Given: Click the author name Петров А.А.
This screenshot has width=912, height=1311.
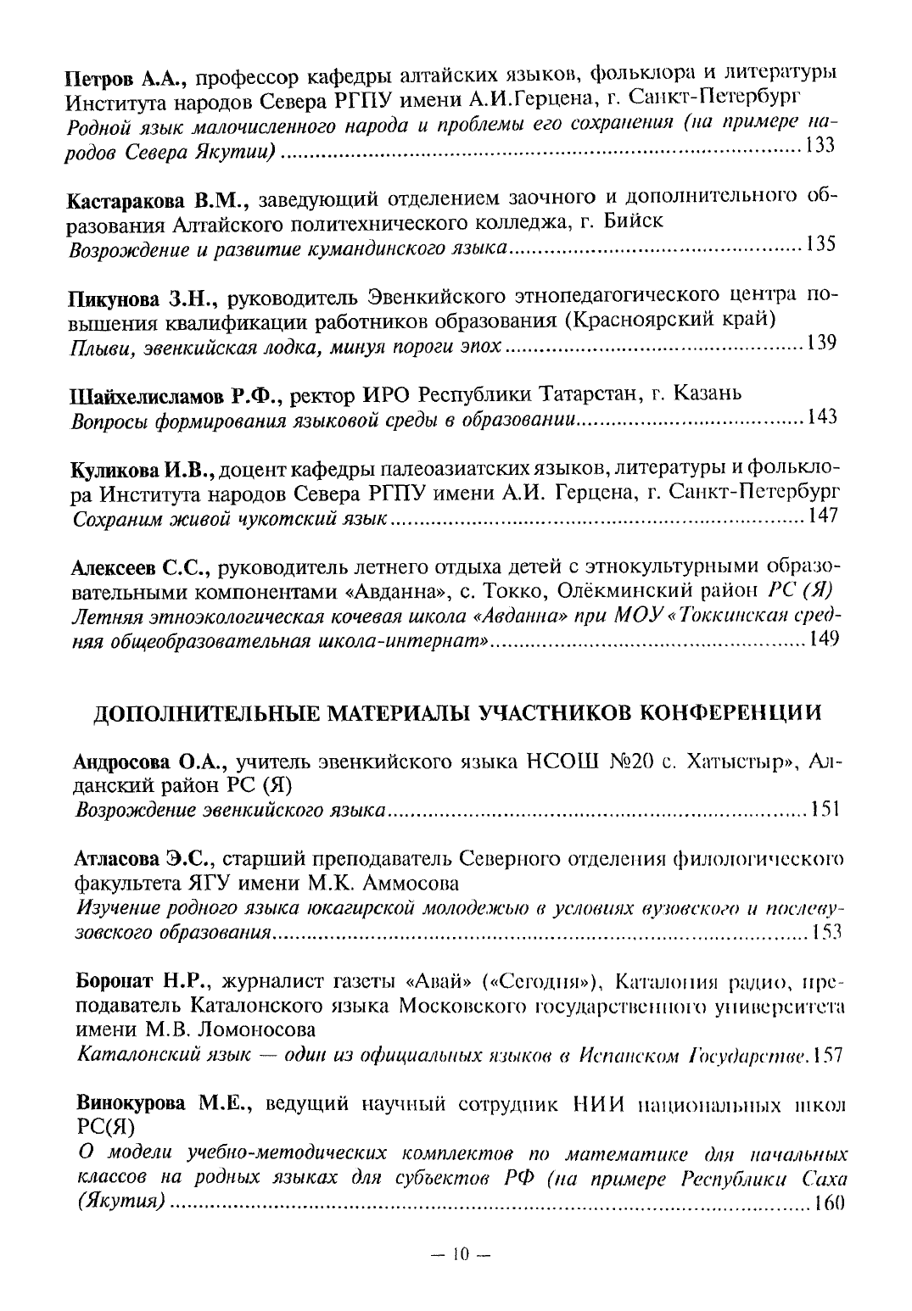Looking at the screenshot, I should [x=127, y=81].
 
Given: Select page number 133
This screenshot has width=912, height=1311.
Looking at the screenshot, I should [x=821, y=145].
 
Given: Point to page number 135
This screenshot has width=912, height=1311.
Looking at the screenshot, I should [x=821, y=244].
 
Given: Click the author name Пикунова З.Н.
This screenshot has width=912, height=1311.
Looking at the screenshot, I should [x=144, y=300].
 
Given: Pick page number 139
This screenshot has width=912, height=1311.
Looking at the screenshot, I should [x=821, y=343].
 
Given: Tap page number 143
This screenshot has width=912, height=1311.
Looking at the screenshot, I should [x=821, y=417].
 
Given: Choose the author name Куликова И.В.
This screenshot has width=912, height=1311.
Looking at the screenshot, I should [x=145, y=469].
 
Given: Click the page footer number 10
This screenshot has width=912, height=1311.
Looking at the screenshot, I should [x=460, y=1253].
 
